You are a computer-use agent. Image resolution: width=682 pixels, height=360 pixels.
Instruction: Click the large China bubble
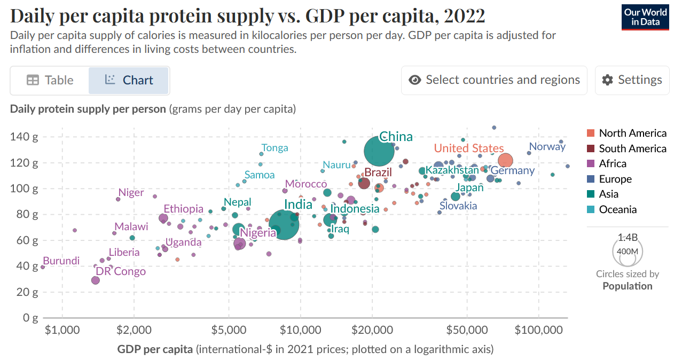coord(379,151)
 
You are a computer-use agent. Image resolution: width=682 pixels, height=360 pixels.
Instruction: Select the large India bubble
coord(284,225)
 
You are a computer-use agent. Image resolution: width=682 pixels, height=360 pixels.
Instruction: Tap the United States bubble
coord(505,160)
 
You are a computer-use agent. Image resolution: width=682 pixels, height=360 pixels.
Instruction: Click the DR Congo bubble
coord(96,280)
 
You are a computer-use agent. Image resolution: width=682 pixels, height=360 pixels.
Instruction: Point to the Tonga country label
coord(275,148)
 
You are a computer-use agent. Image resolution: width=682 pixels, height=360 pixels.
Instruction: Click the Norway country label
coord(547,146)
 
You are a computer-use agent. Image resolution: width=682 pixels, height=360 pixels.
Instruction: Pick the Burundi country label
coord(61,261)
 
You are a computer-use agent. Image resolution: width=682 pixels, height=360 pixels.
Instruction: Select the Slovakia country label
coord(458,206)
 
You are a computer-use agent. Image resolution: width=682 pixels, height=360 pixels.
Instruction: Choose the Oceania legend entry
coord(618,209)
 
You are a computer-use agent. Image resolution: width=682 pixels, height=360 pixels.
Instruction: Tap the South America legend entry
coord(632,148)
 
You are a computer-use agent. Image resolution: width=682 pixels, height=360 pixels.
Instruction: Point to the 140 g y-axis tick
coord(24,137)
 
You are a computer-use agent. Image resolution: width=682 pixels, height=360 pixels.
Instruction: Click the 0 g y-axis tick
coord(29,318)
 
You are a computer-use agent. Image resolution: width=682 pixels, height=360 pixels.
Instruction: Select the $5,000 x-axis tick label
coord(229,330)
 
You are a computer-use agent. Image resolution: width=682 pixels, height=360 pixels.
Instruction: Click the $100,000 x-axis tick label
coord(538,330)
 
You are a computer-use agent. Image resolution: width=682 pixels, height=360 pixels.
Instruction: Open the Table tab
coord(50,80)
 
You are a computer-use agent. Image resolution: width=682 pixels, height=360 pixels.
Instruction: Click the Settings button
coord(632,80)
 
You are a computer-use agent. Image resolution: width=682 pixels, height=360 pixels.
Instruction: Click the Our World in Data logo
coord(645,17)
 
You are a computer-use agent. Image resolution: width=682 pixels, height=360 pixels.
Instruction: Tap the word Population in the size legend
coord(628,286)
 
